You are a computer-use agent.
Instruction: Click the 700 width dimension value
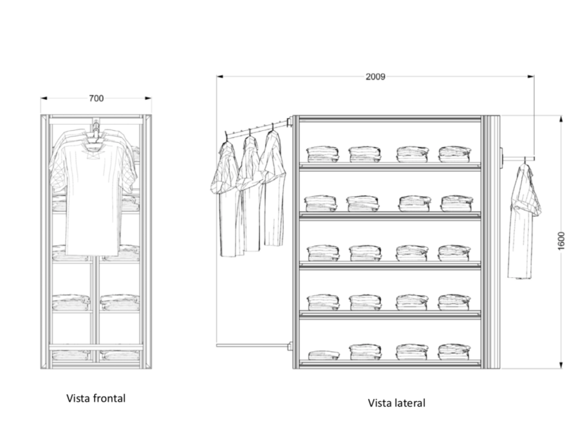tap(96, 99)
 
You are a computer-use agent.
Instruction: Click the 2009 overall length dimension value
tap(375, 77)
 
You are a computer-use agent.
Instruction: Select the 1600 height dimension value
tap(561, 241)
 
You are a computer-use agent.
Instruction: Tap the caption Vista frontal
tap(96, 398)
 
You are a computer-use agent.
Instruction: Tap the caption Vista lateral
tap(397, 402)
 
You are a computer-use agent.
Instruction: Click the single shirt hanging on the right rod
tap(524, 221)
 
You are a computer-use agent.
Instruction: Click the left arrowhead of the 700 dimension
tap(44, 99)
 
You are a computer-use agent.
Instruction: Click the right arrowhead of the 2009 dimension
tap(531, 77)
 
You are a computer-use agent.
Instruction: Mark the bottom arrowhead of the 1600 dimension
tap(561, 365)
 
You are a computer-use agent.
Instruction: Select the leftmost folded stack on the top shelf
tap(322, 154)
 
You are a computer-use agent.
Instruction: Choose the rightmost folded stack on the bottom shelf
tap(454, 352)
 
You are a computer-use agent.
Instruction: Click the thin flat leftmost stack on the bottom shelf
tap(324, 355)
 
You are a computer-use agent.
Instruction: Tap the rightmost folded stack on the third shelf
tap(454, 253)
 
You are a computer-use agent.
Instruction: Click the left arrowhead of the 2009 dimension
tap(220, 77)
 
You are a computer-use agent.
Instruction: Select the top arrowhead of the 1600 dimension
tap(561, 119)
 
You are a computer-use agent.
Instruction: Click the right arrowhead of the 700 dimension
tap(148, 99)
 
